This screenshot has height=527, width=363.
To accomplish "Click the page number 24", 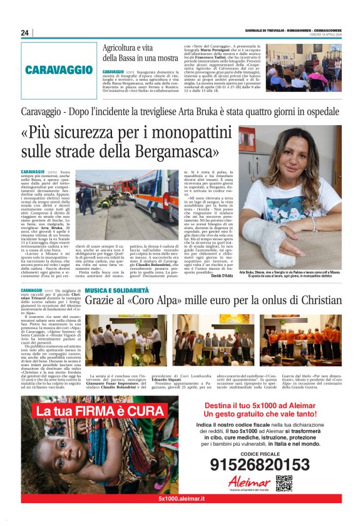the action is click(x=26, y=33).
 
